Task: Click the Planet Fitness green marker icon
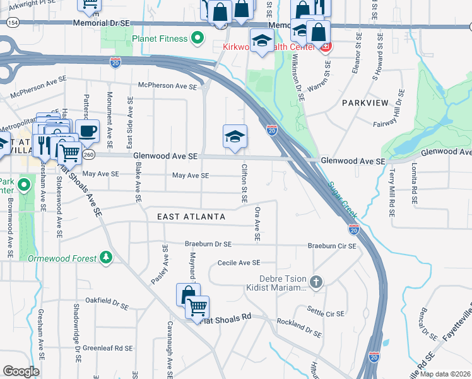coord(198,39)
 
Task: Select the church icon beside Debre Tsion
coord(317,282)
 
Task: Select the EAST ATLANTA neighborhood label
coord(191,217)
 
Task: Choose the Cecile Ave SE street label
coord(239,263)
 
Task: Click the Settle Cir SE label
coord(326,313)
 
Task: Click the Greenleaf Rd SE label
coord(108,348)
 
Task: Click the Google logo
coord(21,371)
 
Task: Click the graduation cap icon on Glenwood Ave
coord(234,136)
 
